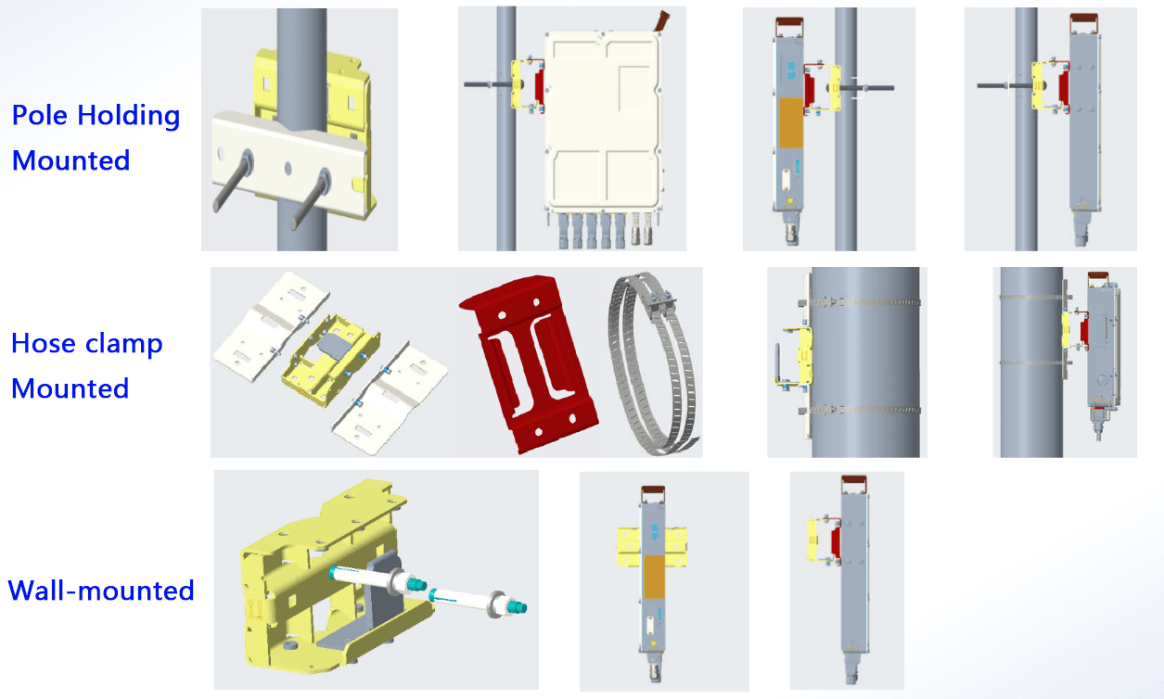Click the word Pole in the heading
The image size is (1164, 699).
coord(40,115)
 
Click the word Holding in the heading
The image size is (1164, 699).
coord(128,116)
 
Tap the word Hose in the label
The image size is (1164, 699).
coord(44,343)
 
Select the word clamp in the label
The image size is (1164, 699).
coord(123,344)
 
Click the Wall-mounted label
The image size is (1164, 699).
coord(101,591)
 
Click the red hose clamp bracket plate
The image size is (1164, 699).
coord(529,363)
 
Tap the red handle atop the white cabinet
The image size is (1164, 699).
coord(661,21)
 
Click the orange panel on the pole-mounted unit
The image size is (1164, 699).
coord(790,123)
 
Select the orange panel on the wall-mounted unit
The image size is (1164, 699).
coord(654,577)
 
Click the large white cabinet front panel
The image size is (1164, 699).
coord(604,122)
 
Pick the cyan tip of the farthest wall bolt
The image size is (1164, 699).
coord(517,606)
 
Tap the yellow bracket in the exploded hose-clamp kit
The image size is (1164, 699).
coord(331,360)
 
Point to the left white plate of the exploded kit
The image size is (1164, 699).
coord(271,327)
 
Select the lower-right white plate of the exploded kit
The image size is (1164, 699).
coord(390,398)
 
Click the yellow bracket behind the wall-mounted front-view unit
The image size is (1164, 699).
coord(652,546)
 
